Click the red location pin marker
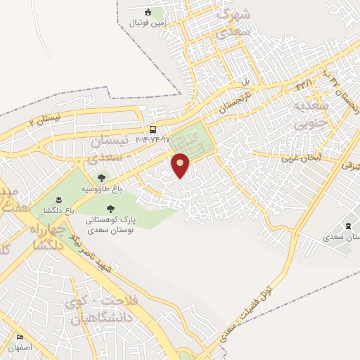pos(181,165)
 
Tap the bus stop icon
pos(153,129)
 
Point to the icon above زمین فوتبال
pos(148,12)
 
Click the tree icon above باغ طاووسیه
pos(101,179)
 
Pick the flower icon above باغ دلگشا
pos(58,200)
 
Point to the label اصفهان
pos(20,347)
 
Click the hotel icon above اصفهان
pos(20,337)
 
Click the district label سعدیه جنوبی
pos(309,117)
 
